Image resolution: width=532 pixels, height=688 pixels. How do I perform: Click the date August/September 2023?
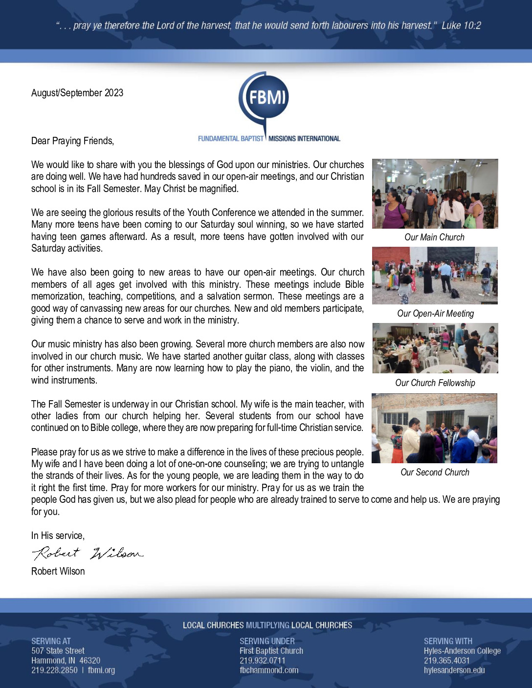tap(77, 93)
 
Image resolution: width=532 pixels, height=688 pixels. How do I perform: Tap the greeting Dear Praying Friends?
tap(72, 141)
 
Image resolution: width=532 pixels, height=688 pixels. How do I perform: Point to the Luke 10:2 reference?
tap(461, 25)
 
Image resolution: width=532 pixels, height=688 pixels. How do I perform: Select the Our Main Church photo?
tap(435, 193)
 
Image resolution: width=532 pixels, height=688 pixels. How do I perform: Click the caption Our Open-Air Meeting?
tap(435, 314)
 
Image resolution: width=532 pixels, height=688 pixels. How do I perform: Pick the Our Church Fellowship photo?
tap(435, 348)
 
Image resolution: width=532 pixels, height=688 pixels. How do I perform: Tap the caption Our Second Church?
tap(435, 473)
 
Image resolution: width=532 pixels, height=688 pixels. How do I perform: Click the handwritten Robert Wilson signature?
tap(88, 553)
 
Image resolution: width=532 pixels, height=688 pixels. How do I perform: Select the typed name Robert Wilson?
tap(58, 571)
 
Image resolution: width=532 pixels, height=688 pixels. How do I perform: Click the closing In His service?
tap(58, 536)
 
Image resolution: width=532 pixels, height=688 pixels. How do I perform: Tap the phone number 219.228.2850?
tap(54, 670)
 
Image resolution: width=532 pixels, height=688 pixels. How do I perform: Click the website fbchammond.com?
tap(268, 670)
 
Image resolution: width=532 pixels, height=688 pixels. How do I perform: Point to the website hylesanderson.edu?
tap(454, 670)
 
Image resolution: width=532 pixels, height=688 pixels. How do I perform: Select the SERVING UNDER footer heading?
tap(267, 641)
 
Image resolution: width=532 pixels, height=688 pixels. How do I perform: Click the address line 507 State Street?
tap(58, 651)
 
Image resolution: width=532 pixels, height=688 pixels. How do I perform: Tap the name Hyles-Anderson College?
tap(462, 651)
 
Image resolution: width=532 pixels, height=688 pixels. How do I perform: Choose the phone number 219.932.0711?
tap(262, 661)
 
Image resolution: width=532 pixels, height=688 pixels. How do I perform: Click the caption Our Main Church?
tap(434, 237)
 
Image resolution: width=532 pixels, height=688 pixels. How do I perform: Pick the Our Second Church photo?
tap(434, 428)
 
